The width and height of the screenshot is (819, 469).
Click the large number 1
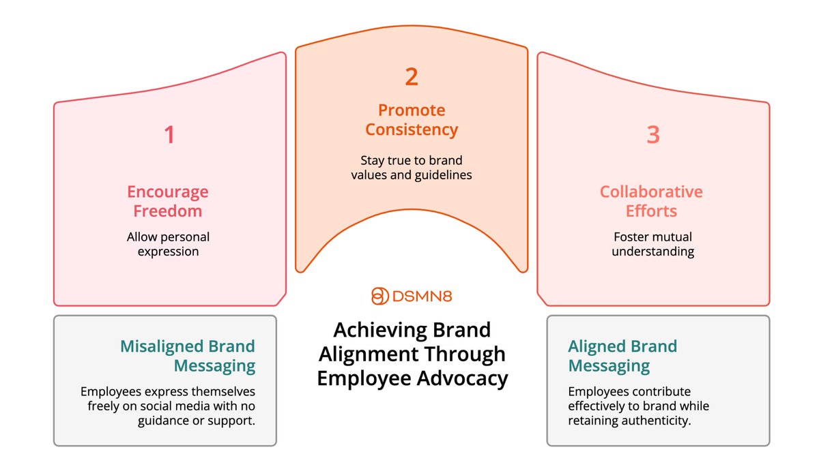tap(169, 134)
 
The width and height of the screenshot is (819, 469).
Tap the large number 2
tap(412, 77)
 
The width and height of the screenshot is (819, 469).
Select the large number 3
tap(653, 134)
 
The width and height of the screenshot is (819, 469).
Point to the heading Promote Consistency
tap(412, 119)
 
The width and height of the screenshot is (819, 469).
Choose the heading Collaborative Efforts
tap(651, 201)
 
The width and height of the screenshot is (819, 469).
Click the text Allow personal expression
tap(168, 244)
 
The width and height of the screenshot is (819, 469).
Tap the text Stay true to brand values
tap(412, 168)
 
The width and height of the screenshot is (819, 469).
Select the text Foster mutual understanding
tap(652, 244)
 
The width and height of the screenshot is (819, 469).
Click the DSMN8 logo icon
tap(379, 297)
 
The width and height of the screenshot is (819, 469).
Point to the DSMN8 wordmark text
tap(422, 297)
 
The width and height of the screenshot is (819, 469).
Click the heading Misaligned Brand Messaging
tap(188, 355)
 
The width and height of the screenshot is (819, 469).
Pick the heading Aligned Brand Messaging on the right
tap(622, 355)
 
